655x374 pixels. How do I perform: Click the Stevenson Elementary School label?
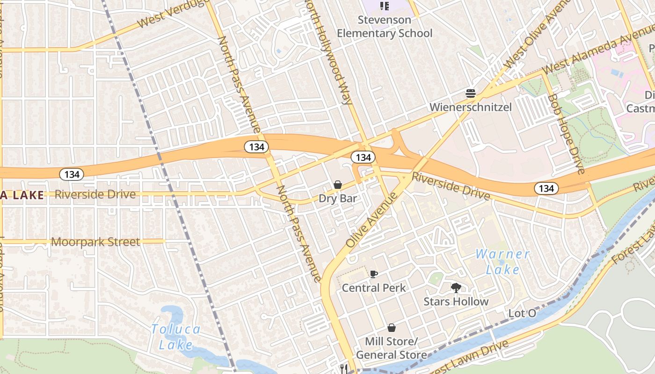385,27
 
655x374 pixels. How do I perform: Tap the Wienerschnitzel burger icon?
471,93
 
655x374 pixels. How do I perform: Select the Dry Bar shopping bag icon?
338,185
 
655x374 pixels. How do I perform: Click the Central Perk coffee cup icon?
373,274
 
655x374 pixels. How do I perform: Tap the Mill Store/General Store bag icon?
392,328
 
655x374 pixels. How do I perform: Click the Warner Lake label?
503,262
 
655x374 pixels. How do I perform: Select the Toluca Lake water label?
175,337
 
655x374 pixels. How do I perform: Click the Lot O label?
522,313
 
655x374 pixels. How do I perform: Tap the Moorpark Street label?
95,242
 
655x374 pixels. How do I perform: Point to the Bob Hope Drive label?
566,133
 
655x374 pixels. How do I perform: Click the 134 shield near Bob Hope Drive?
546,188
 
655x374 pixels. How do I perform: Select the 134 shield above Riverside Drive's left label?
72,174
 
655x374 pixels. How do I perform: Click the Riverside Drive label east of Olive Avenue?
450,186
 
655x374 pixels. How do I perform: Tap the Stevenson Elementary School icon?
384,6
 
